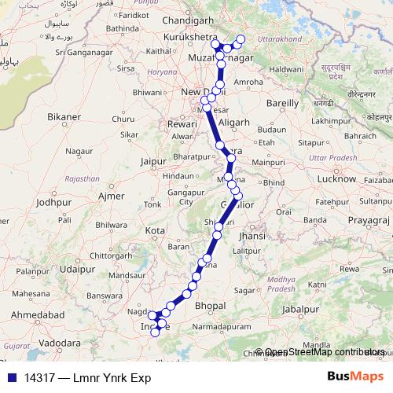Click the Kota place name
156,230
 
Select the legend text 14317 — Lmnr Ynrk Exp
87,378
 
